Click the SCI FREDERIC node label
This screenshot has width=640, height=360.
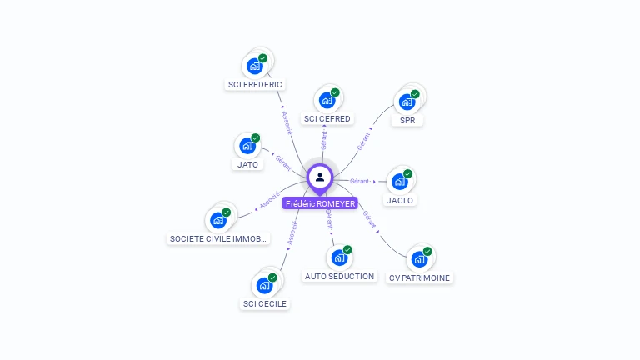pyautogui.click(x=255, y=84)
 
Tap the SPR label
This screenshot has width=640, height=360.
pyautogui.click(x=407, y=120)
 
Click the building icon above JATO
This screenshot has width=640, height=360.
pyautogui.click(x=247, y=146)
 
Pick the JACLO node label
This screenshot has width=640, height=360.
pyautogui.click(x=400, y=200)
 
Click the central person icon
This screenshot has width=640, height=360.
pyautogui.click(x=320, y=177)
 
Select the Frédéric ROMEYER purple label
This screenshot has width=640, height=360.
pyautogui.click(x=320, y=203)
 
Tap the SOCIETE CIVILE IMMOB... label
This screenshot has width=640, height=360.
pyautogui.click(x=219, y=238)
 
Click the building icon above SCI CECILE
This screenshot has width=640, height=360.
pyautogui.click(x=265, y=286)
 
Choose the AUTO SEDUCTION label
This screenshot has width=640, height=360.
pyautogui.click(x=339, y=276)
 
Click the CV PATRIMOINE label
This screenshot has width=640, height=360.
pyautogui.click(x=420, y=277)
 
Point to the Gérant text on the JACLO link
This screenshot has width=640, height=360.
pyautogui.click(x=360, y=181)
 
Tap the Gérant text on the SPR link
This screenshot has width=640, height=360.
pyautogui.click(x=364, y=141)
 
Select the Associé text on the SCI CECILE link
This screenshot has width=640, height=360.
pyautogui.click(x=292, y=232)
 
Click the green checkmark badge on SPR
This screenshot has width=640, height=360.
pyautogui.click(x=414, y=93)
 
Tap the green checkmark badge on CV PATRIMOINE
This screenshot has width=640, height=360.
pyautogui.click(x=427, y=251)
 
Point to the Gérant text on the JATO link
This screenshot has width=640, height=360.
pyautogui.click(x=282, y=162)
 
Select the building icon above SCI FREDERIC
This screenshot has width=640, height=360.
pyautogui.click(x=255, y=66)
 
